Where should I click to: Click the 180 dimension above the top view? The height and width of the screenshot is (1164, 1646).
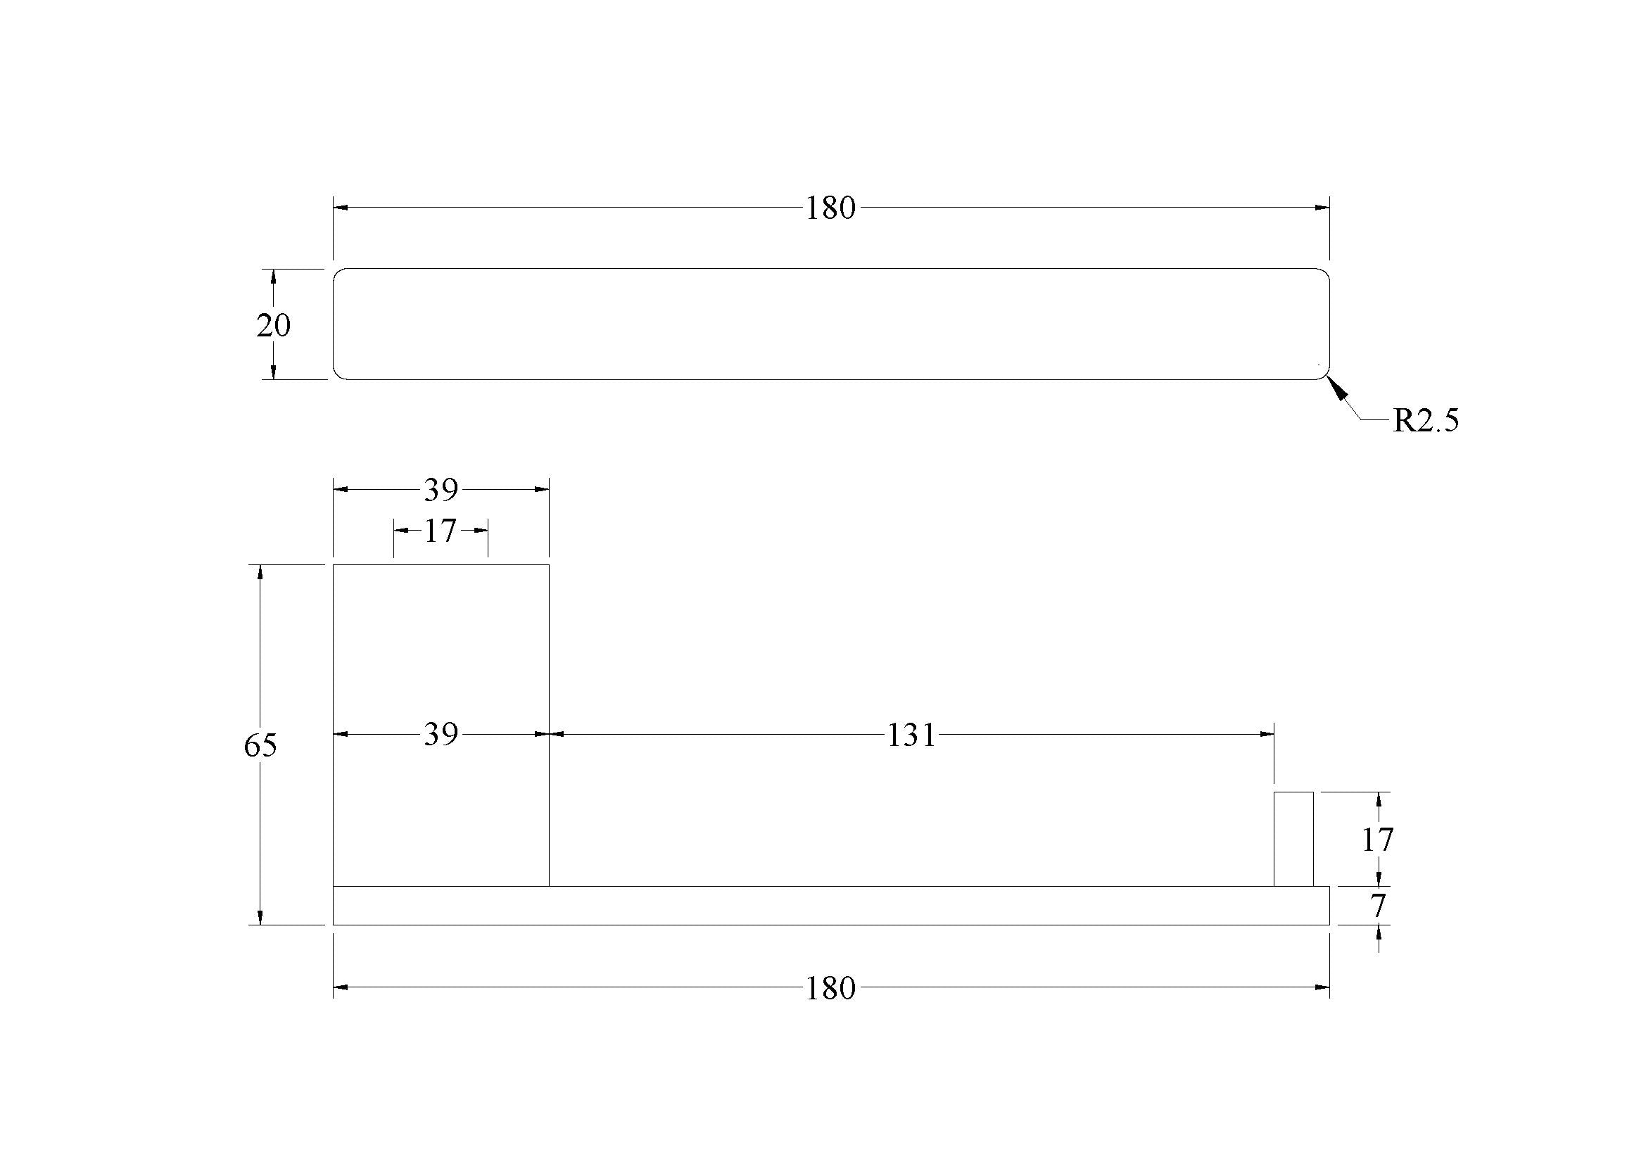pyautogui.click(x=830, y=208)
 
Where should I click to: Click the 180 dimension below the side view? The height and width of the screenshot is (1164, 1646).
pyautogui.click(x=830, y=988)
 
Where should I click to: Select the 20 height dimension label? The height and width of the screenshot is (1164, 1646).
pyautogui.click(x=273, y=325)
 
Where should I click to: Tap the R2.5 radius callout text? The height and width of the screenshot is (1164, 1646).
pyautogui.click(x=1425, y=421)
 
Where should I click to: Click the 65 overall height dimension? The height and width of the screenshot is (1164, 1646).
pyautogui.click(x=260, y=746)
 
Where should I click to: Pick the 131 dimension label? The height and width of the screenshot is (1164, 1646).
pyautogui.click(x=911, y=735)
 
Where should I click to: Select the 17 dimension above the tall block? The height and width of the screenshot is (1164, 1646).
pyautogui.click(x=439, y=531)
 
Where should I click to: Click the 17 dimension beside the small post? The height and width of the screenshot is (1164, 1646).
pyautogui.click(x=1377, y=840)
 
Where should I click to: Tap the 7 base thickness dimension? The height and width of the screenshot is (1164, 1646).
pyautogui.click(x=1378, y=906)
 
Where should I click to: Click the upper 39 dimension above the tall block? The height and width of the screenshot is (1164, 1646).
pyautogui.click(x=440, y=491)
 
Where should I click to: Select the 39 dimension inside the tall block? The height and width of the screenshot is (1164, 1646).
pyautogui.click(x=440, y=735)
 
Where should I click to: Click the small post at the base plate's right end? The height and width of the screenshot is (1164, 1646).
pyautogui.click(x=1293, y=839)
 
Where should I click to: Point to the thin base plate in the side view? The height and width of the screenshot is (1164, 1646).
pyautogui.click(x=830, y=905)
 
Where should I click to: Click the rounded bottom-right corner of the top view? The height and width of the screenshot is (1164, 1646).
pyautogui.click(x=1325, y=374)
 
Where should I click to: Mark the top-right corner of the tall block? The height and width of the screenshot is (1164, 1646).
pyautogui.click(x=549, y=565)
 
